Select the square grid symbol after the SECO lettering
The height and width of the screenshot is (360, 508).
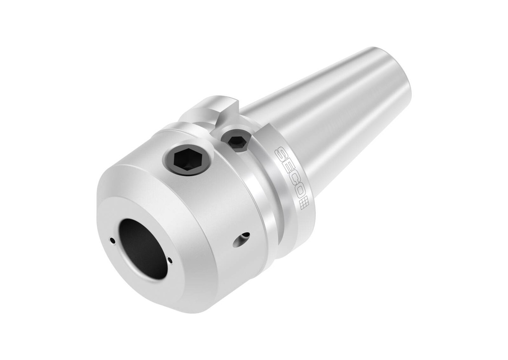pos(305,202)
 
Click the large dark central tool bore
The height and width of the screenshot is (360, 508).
pos(143,248)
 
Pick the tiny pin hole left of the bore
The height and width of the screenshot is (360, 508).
pos(113,241)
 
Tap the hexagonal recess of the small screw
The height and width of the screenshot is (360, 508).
pos(237,141)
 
